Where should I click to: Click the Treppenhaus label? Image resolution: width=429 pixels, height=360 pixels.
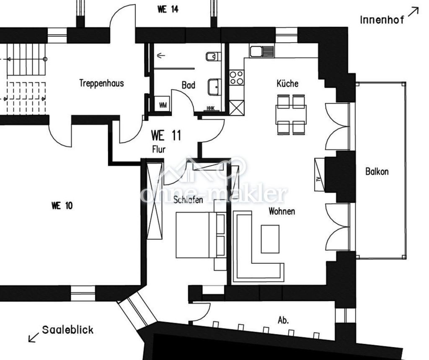pos(101,83)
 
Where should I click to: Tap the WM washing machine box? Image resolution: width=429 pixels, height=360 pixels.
pos(163,104)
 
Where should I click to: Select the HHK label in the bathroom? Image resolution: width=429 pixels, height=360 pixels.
pos(211,108)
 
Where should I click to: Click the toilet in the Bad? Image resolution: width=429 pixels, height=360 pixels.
pos(213,57)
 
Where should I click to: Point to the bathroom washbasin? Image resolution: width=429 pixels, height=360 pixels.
pos(214,87)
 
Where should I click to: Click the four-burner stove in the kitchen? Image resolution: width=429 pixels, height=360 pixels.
pos(236,77)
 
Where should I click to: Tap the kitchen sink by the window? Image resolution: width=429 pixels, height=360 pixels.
pos(261,51)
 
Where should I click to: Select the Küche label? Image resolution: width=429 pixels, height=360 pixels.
pos(287,83)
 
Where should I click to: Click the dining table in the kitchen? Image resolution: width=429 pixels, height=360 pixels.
pos(291,115)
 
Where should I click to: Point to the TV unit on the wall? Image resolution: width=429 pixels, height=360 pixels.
pos(320,175)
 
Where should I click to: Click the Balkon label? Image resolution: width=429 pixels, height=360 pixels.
pos(377,172)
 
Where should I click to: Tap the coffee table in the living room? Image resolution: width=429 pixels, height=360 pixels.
pos(270,239)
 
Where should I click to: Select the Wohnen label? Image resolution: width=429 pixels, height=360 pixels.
pos(282,211)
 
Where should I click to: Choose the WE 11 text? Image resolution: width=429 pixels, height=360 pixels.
pos(166,135)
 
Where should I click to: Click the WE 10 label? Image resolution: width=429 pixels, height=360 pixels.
pos(62,206)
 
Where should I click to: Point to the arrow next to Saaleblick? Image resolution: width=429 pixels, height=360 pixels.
pos(34,337)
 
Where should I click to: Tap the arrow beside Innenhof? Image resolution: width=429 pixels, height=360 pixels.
pos(413,12)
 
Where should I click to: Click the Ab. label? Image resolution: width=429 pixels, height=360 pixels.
pos(283,320)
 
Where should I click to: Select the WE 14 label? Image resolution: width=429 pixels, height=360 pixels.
pos(168,9)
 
